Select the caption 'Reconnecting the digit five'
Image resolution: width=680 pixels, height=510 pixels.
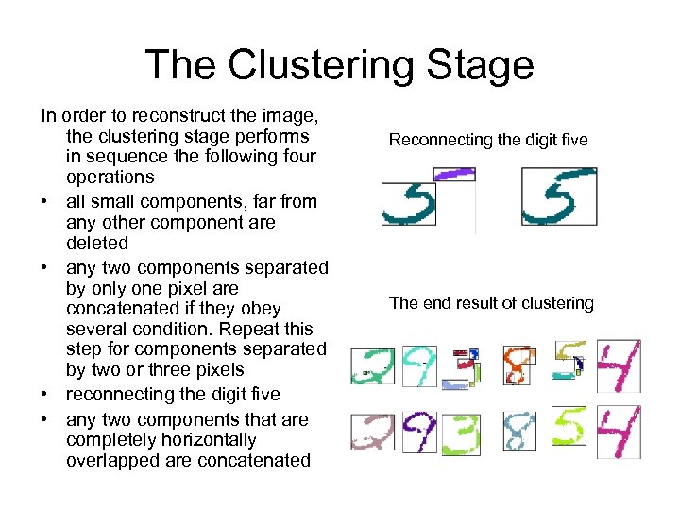pos(488,140)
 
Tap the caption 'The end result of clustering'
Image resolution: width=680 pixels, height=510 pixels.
pos(491,303)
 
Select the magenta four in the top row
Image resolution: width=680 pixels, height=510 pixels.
pos(619,367)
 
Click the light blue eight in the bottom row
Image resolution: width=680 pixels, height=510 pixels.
pos(519,433)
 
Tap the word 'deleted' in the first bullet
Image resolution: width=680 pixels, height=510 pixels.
pos(97,243)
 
